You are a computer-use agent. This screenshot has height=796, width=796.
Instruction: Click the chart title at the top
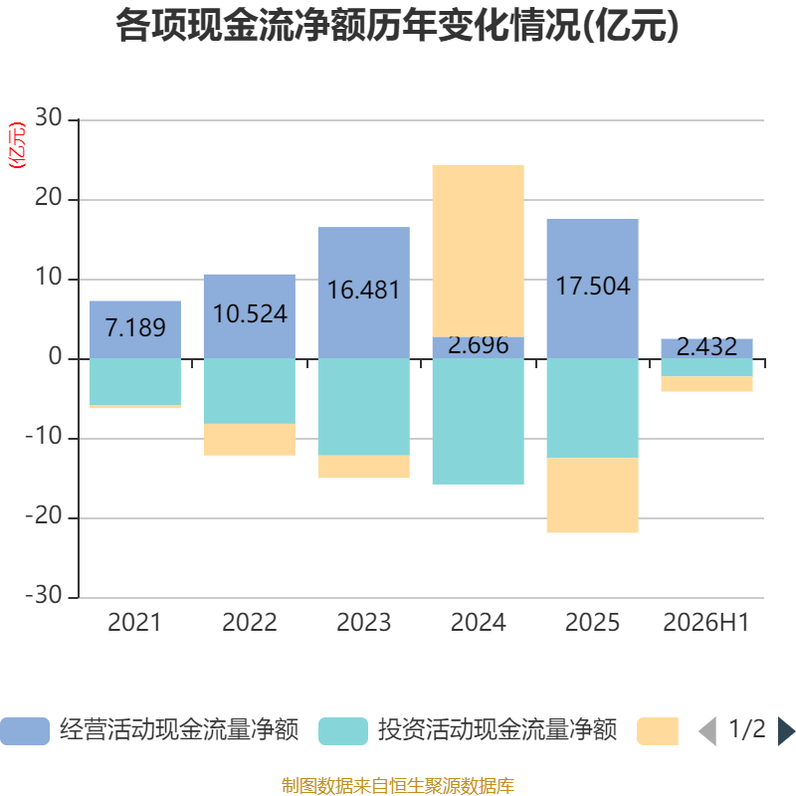tap(397, 26)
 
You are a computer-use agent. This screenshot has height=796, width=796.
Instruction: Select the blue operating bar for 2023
tap(364, 293)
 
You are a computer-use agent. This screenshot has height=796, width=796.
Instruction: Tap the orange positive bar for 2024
tap(479, 251)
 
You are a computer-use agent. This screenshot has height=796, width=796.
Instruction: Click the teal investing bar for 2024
tap(479, 421)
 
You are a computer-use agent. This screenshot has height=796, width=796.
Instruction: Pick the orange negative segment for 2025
tap(592, 495)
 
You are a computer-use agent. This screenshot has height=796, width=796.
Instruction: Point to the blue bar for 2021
tap(135, 330)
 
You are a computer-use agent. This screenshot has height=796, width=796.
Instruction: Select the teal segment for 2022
tap(250, 391)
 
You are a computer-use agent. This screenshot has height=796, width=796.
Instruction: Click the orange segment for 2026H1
tap(706, 384)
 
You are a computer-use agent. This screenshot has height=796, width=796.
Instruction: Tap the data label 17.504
tap(593, 286)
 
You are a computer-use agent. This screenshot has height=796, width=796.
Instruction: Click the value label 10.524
tap(250, 313)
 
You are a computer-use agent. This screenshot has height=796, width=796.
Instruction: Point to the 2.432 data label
tap(706, 346)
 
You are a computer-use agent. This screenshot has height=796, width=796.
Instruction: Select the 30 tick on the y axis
tap(48, 117)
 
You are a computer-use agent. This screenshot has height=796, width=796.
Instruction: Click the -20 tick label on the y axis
tap(44, 515)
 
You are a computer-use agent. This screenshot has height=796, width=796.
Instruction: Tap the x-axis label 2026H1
tap(706, 623)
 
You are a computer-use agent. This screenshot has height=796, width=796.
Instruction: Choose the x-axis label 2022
tap(250, 623)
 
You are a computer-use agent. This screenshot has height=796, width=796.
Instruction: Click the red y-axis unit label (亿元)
tap(17, 145)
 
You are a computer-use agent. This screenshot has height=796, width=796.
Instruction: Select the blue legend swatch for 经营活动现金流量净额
tap(25, 731)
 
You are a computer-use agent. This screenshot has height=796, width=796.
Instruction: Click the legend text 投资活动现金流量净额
tap(497, 730)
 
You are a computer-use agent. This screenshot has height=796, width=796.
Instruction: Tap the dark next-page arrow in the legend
tap(786, 731)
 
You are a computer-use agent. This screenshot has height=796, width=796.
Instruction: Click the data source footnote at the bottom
tap(398, 786)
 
